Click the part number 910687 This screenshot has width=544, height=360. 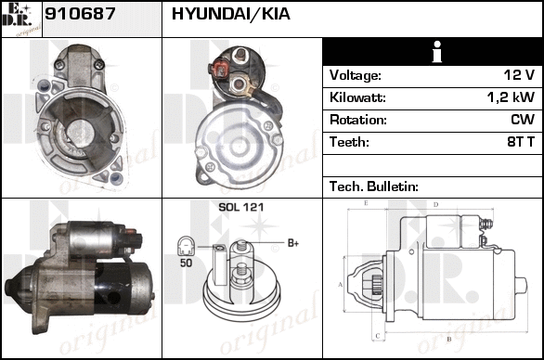80,14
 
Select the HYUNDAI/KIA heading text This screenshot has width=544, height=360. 231,14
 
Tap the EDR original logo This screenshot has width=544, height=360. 21,19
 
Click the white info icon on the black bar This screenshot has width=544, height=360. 437,52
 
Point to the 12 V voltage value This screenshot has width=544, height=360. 519,75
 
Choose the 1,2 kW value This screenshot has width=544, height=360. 511,97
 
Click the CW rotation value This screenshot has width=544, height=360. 523,120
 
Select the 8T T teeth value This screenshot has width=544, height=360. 521,142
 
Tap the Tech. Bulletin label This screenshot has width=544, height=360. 374,186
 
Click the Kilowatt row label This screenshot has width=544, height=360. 357,97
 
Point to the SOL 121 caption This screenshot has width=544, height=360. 241,207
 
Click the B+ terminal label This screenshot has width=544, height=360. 293,243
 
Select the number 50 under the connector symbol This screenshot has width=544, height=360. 186,263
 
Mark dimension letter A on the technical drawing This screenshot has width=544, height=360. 340,285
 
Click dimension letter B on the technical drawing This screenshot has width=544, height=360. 448,339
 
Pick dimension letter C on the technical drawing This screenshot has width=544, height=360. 378,335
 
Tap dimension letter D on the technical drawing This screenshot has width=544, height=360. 436,204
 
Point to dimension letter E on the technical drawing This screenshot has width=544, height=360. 366,203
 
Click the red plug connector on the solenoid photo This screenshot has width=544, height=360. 219,71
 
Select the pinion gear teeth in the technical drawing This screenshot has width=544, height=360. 376,285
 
